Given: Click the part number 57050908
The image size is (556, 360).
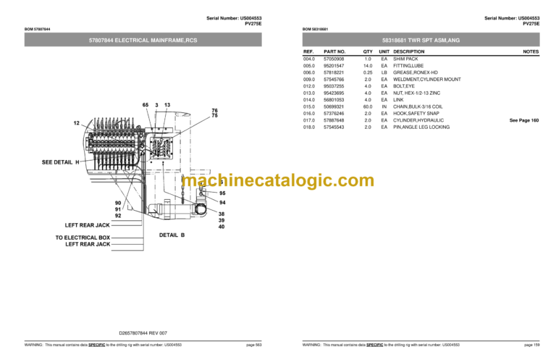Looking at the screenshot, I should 334,59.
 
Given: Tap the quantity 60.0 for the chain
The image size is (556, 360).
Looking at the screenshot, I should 368,106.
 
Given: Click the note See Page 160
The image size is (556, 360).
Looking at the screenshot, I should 524,120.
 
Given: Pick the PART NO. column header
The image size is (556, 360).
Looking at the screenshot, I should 334,52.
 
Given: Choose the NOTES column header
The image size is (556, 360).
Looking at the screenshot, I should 531,52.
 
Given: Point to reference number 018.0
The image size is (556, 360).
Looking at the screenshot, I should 309,127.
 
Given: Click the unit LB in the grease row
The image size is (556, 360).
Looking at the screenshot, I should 384,72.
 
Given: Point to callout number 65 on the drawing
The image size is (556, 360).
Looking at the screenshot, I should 145,106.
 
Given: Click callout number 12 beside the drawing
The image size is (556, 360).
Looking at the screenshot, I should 76,123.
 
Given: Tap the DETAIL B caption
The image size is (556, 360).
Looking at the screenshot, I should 172,235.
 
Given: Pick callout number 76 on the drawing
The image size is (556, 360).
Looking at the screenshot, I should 214,110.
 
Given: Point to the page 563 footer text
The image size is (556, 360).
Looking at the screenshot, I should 253,345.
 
